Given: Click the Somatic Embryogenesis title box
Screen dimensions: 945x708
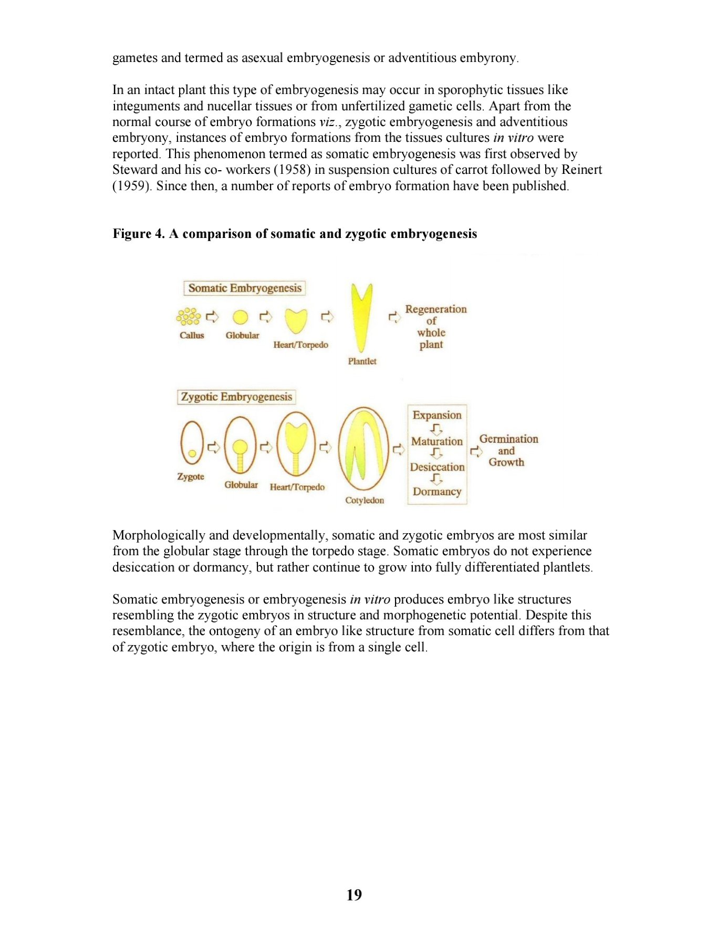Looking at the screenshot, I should point(245,288).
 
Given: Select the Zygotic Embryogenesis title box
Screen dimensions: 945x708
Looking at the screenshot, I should point(236,397).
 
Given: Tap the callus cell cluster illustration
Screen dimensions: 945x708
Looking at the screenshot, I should point(189,316).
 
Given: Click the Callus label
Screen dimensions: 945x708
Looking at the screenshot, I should point(192,335).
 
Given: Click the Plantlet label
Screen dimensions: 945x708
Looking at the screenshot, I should point(362,361).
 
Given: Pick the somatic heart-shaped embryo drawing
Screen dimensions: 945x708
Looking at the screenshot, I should point(296,320).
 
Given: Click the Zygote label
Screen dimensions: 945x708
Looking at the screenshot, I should point(191,476).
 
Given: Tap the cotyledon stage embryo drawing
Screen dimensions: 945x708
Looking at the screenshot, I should point(363,449).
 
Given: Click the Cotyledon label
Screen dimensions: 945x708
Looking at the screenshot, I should point(365,500).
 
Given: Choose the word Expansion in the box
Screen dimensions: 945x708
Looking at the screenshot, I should point(437,415).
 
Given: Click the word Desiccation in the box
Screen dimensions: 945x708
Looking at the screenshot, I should point(437,467).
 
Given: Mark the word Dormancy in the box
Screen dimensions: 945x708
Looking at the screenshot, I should point(437,492).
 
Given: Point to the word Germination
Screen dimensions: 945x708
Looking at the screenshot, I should point(508,439).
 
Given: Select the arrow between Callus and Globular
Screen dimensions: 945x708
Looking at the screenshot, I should point(212,316).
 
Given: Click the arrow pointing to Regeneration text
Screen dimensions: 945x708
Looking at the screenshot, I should point(394,317).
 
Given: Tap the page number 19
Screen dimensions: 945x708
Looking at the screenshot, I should point(354,895).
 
